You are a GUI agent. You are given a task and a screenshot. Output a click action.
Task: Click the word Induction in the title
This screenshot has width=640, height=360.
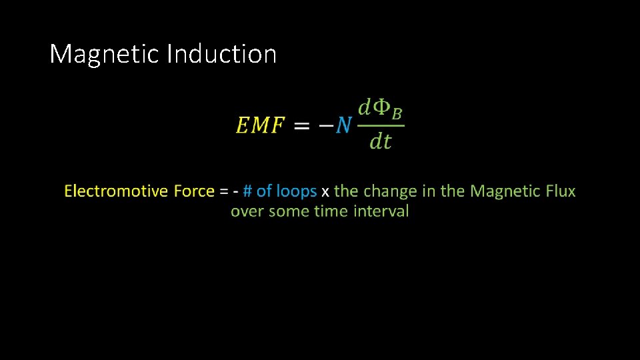pos(221,54)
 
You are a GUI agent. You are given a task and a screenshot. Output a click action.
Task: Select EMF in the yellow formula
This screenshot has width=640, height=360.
pos(260,125)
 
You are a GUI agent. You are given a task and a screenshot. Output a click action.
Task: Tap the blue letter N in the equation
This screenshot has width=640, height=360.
pos(343,125)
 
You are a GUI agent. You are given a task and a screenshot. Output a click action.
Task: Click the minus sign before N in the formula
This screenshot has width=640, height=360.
pos(325,125)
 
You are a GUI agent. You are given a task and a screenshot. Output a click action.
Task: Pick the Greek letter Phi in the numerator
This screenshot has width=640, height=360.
pos(382,108)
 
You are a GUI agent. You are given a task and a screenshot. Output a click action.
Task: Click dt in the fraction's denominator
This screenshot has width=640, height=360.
pos(381,141)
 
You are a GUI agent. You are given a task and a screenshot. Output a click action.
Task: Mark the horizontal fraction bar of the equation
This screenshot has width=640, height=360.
pos(381,125)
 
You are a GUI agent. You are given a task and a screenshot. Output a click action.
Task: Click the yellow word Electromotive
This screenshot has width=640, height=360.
pos(116,191)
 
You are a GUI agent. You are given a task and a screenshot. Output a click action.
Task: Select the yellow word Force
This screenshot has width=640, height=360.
pos(194,191)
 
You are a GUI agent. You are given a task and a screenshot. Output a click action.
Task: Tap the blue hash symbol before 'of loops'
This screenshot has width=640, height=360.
pos(247,191)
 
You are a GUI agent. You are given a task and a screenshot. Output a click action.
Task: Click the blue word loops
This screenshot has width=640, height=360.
pos(296,192)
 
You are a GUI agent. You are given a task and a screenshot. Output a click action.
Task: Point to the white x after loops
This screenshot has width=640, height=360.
pos(325,192)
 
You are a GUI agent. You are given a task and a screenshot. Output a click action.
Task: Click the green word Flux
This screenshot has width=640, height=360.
pos(560,191)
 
